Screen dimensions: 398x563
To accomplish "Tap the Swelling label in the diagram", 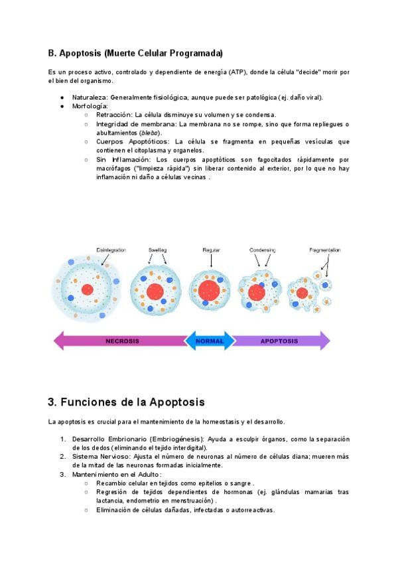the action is [157, 250].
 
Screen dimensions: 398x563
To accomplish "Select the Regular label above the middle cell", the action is [211, 250].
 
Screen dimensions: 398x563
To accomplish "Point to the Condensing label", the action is [263, 250].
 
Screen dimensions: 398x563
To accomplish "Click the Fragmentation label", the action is [324, 250].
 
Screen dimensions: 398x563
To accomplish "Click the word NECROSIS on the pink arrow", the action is [122, 341].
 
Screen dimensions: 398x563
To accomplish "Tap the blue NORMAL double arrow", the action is [210, 341].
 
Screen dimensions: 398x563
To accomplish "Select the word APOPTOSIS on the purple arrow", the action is [279, 341].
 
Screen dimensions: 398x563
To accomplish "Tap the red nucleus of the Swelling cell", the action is [155, 291].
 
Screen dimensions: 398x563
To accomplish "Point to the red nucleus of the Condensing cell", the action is [257, 292].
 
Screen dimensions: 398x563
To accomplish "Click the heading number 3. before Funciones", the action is [52, 402].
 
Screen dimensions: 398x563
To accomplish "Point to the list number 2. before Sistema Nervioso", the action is [63, 457].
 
